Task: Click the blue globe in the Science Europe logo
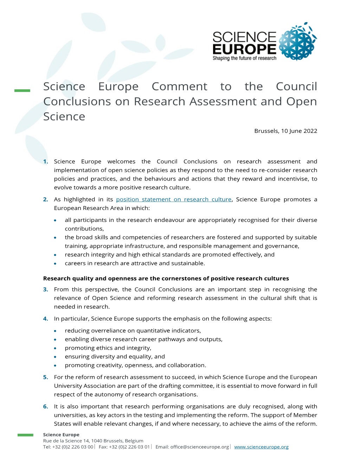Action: pos(297,42)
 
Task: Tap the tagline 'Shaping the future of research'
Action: pos(244,58)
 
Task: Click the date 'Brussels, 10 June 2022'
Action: pos(285,131)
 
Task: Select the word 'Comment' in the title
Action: pos(179,86)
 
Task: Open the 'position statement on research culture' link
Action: pos(174,199)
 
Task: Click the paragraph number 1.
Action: pos(46,162)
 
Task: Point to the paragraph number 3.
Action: pos(46,289)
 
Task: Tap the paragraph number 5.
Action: pos(46,377)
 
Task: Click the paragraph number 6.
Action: pos(46,406)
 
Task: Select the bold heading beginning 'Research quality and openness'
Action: pos(166,279)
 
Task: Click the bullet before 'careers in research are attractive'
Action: pos(56,264)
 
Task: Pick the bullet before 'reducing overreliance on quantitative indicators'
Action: pos(56,331)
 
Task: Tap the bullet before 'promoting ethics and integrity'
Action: pos(56,348)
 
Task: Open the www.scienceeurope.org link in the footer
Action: pos(261,447)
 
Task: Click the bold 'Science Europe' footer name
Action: pos(61,435)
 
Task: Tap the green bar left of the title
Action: pos(22,91)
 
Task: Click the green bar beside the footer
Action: pos(25,435)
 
